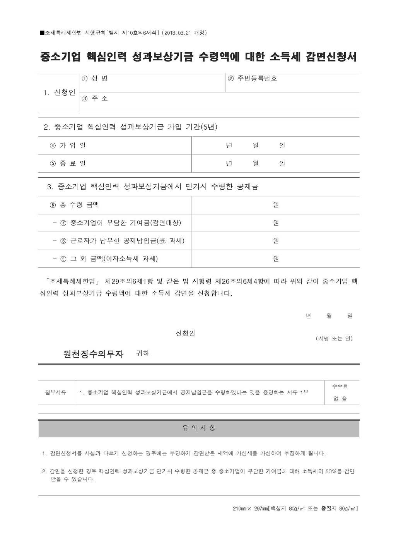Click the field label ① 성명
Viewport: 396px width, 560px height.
pyautogui.click(x=95, y=79)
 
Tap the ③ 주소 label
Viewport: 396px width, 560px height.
pyautogui.click(x=95, y=99)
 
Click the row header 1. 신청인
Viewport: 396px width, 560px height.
pyautogui.click(x=59, y=92)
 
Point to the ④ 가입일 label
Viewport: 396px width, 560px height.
pyautogui.click(x=68, y=146)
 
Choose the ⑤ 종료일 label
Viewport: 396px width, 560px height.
pyautogui.click(x=68, y=163)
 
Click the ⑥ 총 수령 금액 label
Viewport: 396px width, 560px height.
pyautogui.click(x=74, y=205)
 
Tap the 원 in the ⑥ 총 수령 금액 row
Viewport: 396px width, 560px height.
pyautogui.click(x=276, y=205)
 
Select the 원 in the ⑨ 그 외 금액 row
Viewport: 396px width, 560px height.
pyautogui.click(x=276, y=259)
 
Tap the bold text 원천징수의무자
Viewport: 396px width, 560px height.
pyautogui.click(x=93, y=354)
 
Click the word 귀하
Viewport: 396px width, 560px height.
pyautogui.click(x=142, y=353)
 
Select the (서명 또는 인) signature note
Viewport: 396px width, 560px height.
pyautogui.click(x=334, y=339)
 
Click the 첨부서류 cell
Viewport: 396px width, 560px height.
pyautogui.click(x=56, y=392)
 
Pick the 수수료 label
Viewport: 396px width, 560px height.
pyautogui.click(x=340, y=386)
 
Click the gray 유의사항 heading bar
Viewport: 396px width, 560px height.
pyautogui.click(x=199, y=428)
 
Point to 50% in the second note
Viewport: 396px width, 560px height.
pyautogui.click(x=329, y=471)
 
